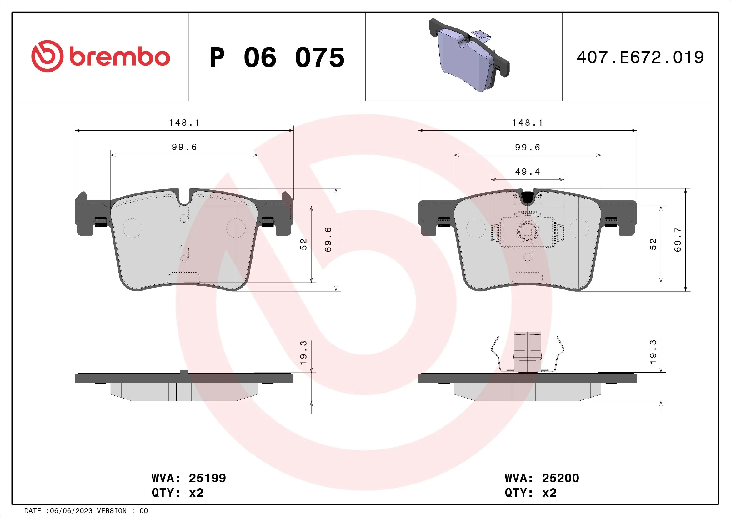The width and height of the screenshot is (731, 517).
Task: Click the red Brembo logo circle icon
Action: point(47,56)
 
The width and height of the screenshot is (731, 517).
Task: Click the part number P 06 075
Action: point(277,58)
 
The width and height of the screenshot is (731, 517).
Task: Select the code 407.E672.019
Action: point(640,58)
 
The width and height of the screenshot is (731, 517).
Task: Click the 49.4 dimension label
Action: point(528,172)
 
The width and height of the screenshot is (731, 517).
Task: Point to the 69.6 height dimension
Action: point(328,239)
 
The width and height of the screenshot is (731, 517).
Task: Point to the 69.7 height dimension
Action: point(678,239)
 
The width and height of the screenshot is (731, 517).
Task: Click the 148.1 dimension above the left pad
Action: point(184,123)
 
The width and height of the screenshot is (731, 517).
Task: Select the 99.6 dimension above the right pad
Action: point(528,148)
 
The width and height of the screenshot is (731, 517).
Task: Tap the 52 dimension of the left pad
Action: point(304,244)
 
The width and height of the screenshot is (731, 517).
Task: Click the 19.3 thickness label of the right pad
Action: point(653,352)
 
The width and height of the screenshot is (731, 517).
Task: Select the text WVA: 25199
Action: point(188,478)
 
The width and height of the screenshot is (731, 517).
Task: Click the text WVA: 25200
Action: point(542,478)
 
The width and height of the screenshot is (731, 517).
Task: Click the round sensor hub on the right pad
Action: point(527,232)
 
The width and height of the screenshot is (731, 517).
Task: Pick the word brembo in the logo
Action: point(120,57)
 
